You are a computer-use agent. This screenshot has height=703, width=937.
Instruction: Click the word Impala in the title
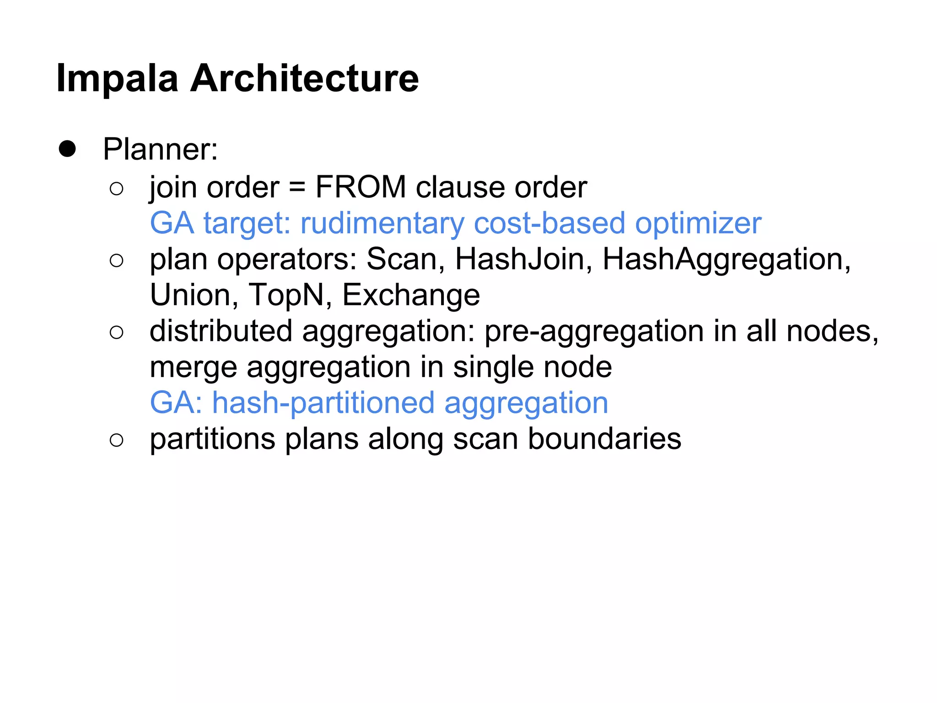point(117,79)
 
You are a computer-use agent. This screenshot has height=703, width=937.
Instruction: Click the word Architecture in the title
point(304,79)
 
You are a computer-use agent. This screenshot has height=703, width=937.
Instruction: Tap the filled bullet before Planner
point(67,149)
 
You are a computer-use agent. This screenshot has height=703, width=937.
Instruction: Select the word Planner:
point(161,149)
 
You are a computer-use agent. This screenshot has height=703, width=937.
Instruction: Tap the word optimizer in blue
point(698,223)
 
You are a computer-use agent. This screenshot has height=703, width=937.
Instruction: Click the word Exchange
point(411,296)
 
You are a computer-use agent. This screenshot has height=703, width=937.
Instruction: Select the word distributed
point(221,331)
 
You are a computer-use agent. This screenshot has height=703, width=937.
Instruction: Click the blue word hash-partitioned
point(323,403)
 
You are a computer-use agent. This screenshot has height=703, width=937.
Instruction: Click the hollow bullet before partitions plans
point(117,440)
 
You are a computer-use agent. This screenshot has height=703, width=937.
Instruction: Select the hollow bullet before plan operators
point(117,260)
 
